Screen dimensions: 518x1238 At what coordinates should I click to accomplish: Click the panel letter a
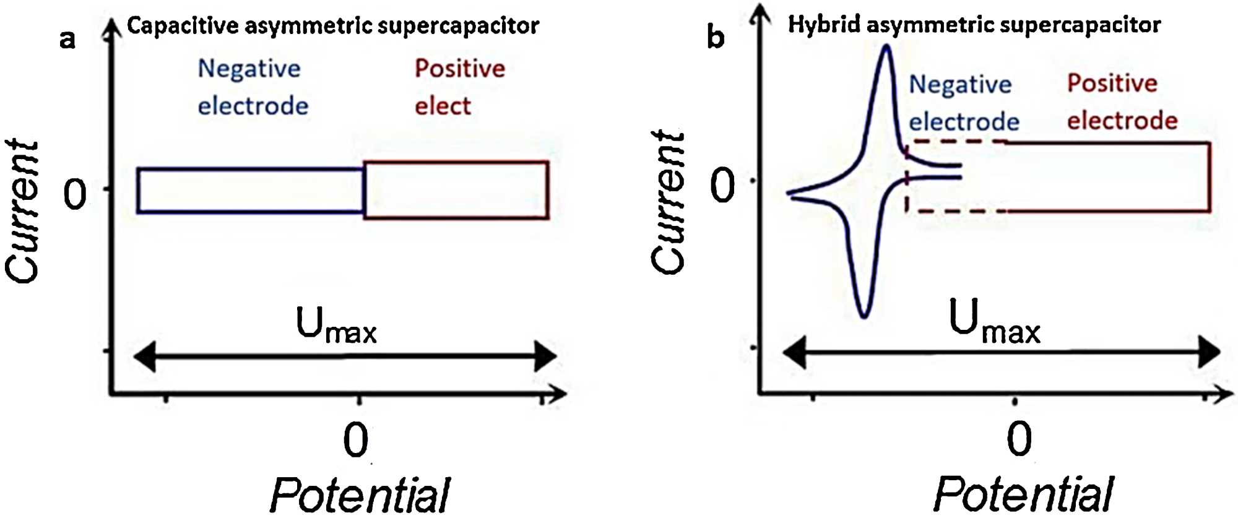[67, 39]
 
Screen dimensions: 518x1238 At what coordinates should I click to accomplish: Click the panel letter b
[715, 37]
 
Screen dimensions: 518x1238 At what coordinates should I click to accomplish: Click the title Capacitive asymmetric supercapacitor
[333, 25]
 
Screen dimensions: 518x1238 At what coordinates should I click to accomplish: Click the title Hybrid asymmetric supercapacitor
[974, 25]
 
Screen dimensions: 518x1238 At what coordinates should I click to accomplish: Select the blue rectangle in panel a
[250, 191]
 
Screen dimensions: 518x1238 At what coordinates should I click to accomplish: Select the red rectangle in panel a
[456, 190]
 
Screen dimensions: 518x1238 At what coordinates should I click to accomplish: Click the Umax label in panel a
[336, 325]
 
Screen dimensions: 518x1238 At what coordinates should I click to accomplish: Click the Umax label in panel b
[994, 322]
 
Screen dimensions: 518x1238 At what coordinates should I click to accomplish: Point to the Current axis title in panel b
[669, 202]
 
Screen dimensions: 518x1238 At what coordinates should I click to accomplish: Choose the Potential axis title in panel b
[1023, 494]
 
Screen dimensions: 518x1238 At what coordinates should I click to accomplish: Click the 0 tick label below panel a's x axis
[356, 440]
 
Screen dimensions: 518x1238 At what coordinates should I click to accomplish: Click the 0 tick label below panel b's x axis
[1019, 439]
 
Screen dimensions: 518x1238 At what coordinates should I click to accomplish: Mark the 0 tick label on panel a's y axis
[76, 194]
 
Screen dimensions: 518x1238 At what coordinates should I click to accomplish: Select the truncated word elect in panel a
[443, 106]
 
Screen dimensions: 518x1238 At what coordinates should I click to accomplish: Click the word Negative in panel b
[960, 84]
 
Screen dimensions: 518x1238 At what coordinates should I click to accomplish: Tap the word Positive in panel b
[1112, 83]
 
